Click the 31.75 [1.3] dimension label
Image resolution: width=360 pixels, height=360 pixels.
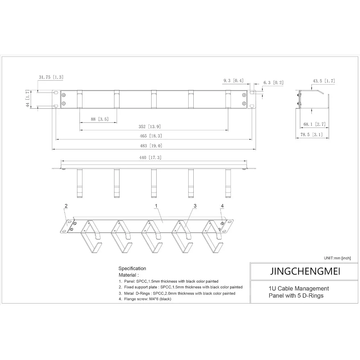point(51,77)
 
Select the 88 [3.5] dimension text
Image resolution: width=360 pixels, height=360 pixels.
point(99,119)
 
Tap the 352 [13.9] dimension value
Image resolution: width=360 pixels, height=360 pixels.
point(149,126)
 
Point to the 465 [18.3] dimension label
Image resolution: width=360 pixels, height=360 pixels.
point(151,136)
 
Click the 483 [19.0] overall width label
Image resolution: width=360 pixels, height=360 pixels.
point(151,145)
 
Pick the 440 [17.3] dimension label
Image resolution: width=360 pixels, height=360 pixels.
point(150,158)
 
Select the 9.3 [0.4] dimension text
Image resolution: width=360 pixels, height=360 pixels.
point(233,81)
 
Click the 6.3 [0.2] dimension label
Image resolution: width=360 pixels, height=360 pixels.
point(273,82)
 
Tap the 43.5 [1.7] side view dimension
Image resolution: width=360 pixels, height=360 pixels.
point(324,81)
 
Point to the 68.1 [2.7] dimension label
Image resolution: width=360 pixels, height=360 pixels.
point(314,124)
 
